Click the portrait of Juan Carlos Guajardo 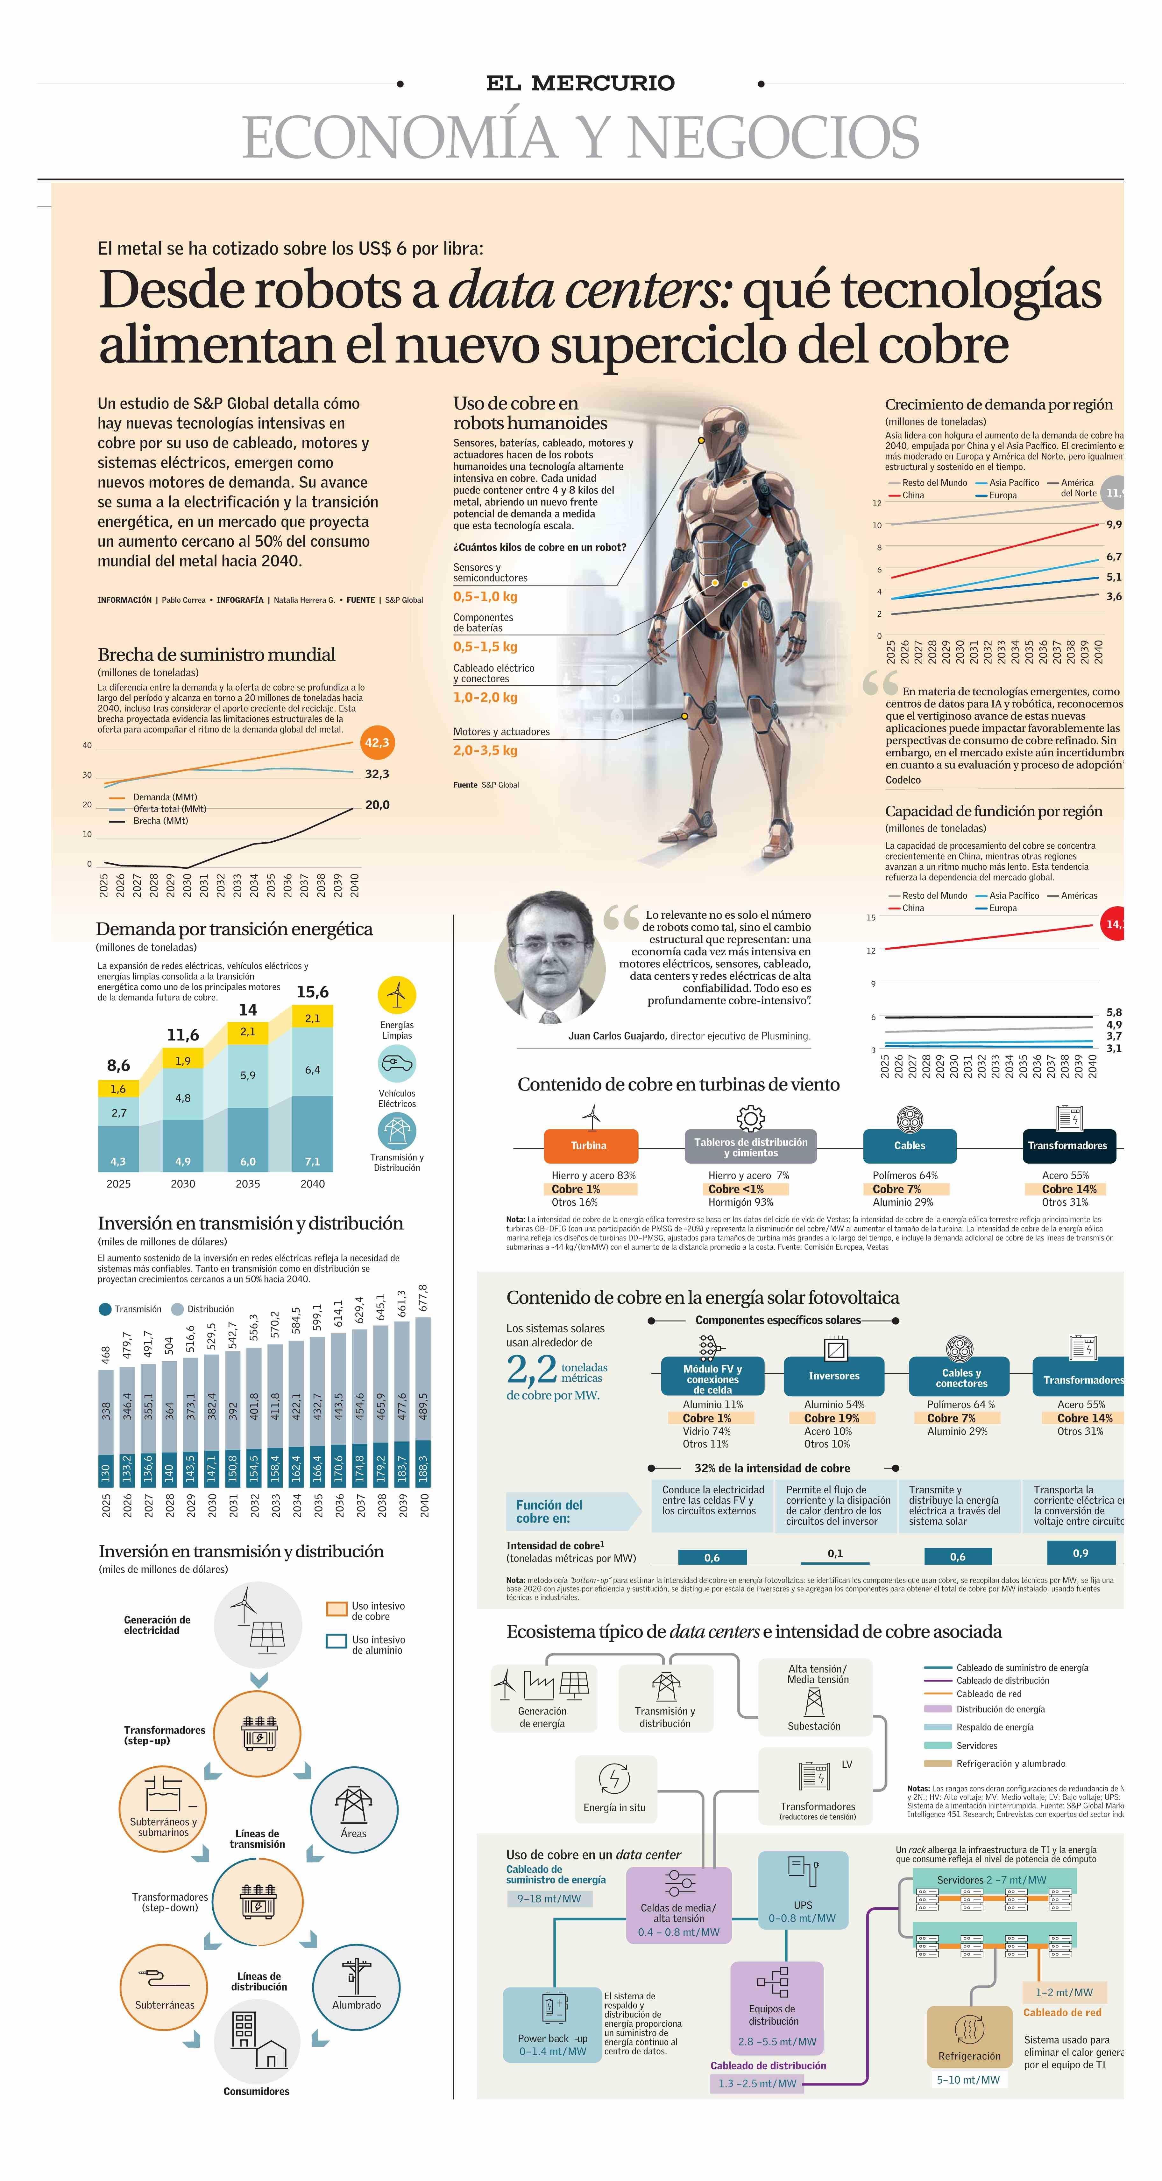pyautogui.click(x=550, y=957)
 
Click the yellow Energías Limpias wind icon pyautogui.click(x=396, y=995)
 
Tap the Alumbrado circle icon pyautogui.click(x=356, y=1986)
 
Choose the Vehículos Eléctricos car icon pyautogui.click(x=396, y=1063)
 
